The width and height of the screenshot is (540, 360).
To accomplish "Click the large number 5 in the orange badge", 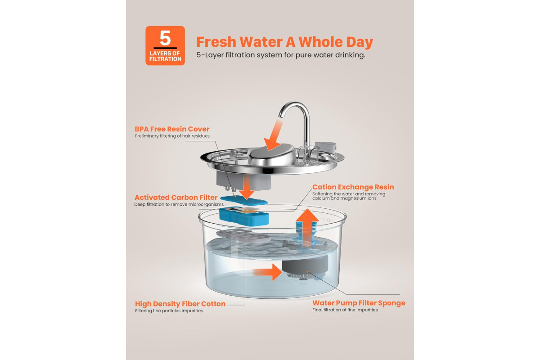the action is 165,38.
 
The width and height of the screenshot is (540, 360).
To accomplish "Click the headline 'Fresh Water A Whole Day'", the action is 285,42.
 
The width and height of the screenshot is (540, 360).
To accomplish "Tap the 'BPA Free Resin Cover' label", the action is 172,129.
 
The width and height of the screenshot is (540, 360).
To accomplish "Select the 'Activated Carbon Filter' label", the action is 176,198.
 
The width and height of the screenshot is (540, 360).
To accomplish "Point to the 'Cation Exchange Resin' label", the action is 353,187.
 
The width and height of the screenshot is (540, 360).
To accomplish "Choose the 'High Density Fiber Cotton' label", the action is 180,304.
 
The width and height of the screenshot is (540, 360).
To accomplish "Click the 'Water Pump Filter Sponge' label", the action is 359,303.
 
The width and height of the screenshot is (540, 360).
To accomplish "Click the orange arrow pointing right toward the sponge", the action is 268,272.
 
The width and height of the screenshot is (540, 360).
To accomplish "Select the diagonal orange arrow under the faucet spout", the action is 273,137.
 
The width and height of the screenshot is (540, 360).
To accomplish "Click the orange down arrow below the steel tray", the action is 247,187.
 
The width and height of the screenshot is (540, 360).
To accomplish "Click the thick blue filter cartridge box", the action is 244,216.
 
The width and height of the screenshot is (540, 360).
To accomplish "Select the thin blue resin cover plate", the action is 244,200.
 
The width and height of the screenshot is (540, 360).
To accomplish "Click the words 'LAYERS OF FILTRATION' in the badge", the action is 165,56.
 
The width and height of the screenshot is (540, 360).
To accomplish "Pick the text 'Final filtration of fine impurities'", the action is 345,310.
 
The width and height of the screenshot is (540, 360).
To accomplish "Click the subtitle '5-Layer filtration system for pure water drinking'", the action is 281,55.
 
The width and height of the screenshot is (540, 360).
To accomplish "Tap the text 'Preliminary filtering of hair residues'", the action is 172,136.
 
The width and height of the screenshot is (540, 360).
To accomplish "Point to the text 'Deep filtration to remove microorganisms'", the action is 179,204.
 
